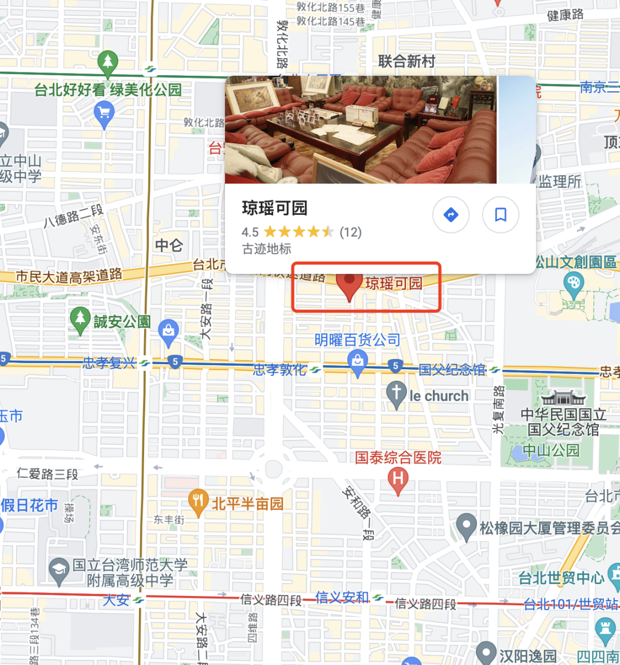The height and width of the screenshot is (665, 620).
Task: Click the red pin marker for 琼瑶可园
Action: tap(349, 284)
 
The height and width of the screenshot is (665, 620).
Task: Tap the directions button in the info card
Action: tap(451, 215)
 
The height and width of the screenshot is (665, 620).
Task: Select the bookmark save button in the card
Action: tap(501, 215)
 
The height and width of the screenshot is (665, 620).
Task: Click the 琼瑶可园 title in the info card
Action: tap(274, 208)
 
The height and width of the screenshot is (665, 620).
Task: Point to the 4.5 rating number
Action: tap(250, 232)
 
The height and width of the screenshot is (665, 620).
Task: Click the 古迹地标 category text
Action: tap(266, 249)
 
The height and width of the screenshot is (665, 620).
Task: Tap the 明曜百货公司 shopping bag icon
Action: tap(358, 362)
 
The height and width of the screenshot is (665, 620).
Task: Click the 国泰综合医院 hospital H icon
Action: tap(398, 478)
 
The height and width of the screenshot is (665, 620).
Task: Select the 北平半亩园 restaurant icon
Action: tap(198, 502)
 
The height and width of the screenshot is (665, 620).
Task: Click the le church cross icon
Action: tap(396, 393)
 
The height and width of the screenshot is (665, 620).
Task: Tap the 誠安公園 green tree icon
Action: tap(80, 319)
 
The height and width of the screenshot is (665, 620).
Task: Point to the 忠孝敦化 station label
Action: tap(280, 370)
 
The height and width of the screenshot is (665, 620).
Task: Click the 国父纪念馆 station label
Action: tap(452, 370)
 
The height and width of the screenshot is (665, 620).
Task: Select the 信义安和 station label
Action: tap(342, 598)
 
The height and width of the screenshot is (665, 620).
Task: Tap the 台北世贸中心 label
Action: tap(561, 578)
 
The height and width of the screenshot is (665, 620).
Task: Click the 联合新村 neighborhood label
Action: tap(406, 61)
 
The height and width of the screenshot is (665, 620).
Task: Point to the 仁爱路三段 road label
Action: tap(47, 474)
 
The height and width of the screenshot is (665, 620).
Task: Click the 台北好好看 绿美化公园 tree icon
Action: tap(107, 61)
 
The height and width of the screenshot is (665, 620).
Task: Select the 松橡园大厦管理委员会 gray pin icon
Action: tap(466, 524)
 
